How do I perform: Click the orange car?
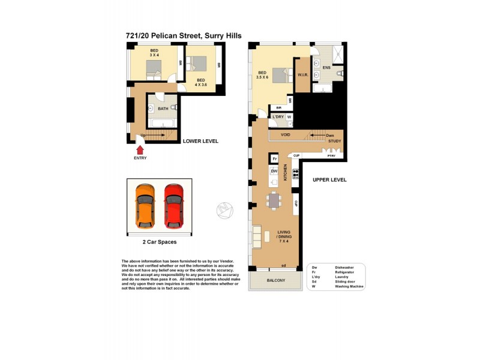(x=145, y=206)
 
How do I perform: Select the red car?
(x=173, y=206)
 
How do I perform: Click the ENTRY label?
(x=140, y=158)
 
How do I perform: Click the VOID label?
(x=286, y=135)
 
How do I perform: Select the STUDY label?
(x=334, y=141)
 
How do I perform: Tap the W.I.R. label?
(x=303, y=75)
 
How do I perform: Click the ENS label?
(x=326, y=68)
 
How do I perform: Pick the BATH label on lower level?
(x=163, y=109)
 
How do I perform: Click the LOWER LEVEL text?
(x=200, y=141)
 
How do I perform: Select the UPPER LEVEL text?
(x=329, y=180)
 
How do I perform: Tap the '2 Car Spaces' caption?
(x=159, y=242)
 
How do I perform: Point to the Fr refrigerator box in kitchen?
(x=274, y=159)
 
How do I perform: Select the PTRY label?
(x=331, y=156)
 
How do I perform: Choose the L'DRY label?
(x=278, y=116)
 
